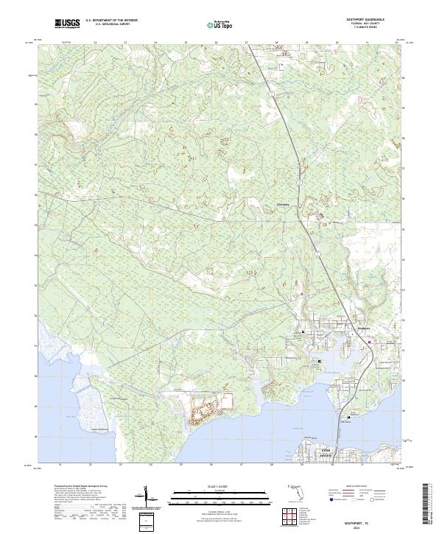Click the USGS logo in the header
(x=67, y=24)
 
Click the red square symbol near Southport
(x=370, y=341)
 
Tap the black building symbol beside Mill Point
(x=348, y=415)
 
